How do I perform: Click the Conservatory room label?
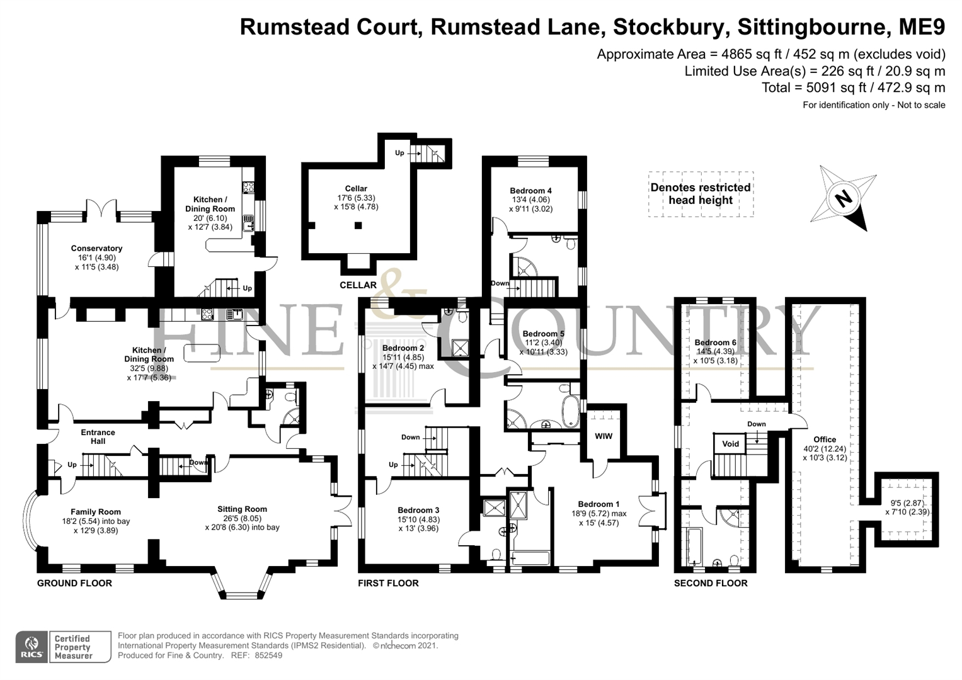[x=96, y=249]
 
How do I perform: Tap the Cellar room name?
[x=356, y=188]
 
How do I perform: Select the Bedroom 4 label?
[x=530, y=191]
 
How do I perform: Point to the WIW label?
[x=603, y=436]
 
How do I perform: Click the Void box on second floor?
[x=730, y=444]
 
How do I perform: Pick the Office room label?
[x=824, y=439]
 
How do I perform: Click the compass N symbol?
[x=842, y=199]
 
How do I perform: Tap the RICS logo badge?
[x=32, y=647]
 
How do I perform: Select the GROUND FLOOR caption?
[x=74, y=583]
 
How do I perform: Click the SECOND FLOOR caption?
[x=711, y=583]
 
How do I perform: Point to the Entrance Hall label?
[x=98, y=436]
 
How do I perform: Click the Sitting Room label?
[x=242, y=509]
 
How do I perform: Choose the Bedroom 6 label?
[x=715, y=343]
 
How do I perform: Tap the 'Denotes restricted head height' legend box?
[x=701, y=194]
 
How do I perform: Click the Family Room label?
[x=95, y=512]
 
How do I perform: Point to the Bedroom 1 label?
[x=598, y=504]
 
